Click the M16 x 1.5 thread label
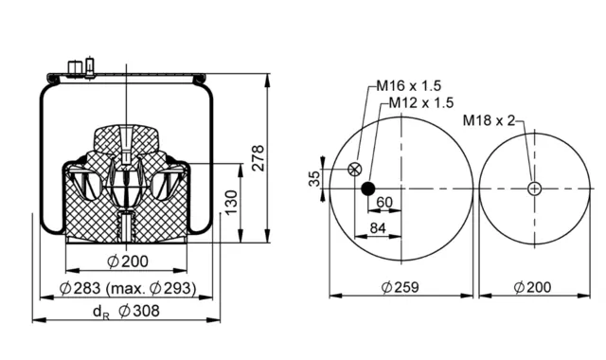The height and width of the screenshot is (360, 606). pos(409,85)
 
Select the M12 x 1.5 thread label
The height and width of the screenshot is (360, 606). pos(420,103)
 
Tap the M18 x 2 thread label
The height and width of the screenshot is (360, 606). pos(489,120)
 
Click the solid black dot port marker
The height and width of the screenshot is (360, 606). pos(368,189)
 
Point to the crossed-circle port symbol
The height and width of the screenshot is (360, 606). pos(354,169)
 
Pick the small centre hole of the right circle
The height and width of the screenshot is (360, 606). pos(534,189)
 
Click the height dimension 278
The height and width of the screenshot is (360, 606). pos(258,158)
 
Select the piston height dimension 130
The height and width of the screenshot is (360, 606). pos(231,202)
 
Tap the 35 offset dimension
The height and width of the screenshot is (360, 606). pos(314,179)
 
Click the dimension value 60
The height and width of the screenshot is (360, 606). pos(384,202)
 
